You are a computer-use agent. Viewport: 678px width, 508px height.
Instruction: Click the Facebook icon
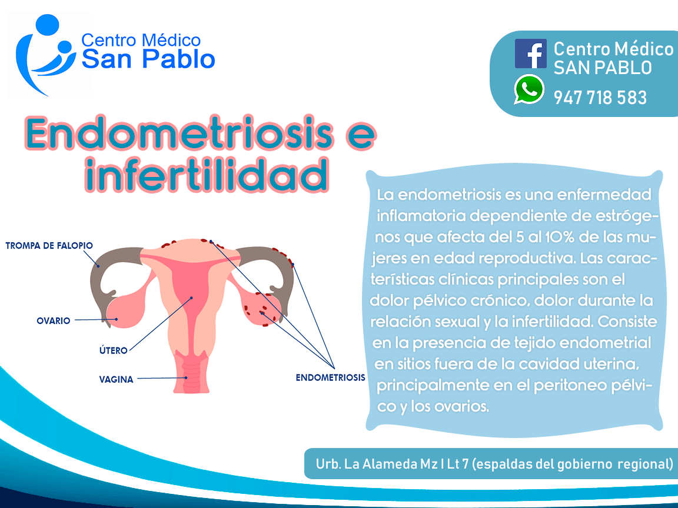530,54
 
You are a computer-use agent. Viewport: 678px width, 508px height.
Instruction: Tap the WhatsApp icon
529,89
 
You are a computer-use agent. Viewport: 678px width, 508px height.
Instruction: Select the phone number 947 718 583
600,98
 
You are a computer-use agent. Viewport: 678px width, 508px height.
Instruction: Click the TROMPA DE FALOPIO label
49,246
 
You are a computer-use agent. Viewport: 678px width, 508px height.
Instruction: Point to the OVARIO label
53,320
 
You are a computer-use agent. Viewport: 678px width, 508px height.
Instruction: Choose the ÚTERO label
113,350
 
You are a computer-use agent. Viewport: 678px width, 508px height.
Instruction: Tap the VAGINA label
117,379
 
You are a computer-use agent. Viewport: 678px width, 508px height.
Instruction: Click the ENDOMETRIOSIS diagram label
330,377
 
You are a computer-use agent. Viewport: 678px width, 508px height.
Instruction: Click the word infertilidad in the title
206,175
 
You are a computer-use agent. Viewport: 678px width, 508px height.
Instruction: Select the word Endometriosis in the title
179,133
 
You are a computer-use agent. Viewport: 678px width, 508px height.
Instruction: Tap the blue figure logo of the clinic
45,55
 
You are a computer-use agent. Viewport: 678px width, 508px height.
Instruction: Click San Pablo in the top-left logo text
148,59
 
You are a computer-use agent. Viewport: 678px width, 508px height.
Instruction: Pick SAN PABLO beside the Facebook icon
602,68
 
